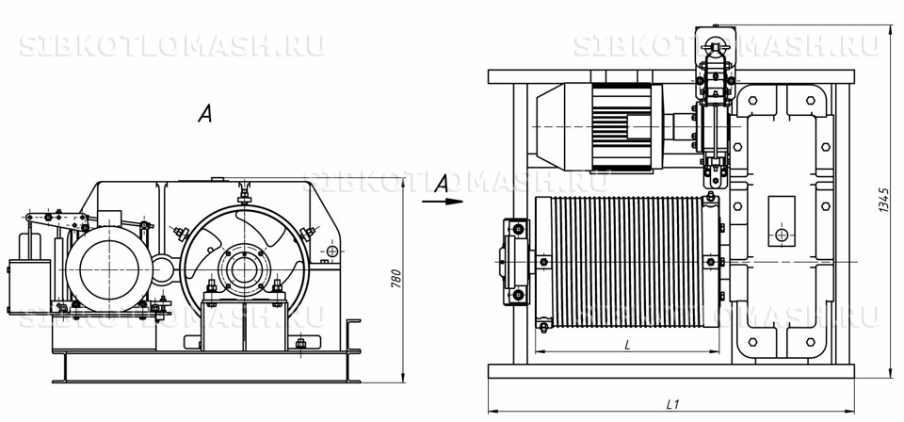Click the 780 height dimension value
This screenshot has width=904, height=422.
(396, 279)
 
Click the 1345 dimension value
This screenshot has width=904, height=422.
(884, 200)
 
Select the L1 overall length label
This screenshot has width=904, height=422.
(672, 404)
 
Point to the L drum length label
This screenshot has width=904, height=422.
(628, 345)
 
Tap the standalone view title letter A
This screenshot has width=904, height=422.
(204, 114)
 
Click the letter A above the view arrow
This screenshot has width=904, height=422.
(442, 184)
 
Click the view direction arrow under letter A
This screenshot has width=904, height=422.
(443, 202)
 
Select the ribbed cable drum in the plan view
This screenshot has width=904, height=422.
(627, 262)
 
